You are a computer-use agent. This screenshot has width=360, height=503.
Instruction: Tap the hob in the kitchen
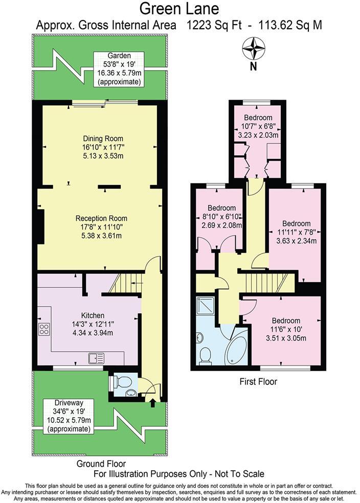click(x=44, y=329)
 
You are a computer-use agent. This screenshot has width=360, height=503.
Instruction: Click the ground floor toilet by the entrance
click(x=117, y=381)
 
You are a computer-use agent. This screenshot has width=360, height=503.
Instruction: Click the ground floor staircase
click(x=125, y=283)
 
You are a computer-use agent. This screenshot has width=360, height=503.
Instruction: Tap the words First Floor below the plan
click(x=258, y=381)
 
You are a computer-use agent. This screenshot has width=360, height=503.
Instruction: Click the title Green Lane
click(x=179, y=9)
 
